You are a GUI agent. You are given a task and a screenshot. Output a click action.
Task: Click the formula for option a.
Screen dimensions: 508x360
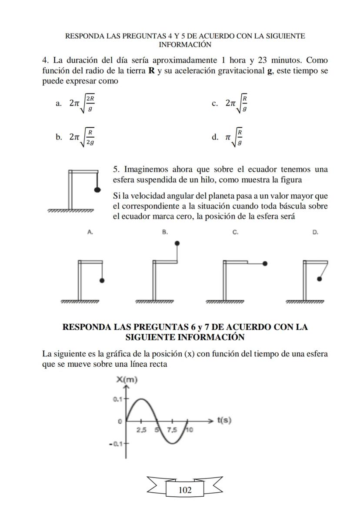pyautogui.click(x=82, y=103)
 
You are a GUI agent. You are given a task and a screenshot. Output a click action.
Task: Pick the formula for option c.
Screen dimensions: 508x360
pyautogui.click(x=237, y=103)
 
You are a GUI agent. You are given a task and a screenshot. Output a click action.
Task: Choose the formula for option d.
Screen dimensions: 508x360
pyautogui.click(x=234, y=137)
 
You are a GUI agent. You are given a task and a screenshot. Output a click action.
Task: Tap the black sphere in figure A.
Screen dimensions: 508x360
pyautogui.click(x=102, y=281)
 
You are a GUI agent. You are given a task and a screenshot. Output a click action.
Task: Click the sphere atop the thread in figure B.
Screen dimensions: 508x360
pyautogui.click(x=177, y=243)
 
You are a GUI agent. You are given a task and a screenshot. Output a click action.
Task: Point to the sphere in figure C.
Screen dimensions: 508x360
pyautogui.click(x=265, y=263)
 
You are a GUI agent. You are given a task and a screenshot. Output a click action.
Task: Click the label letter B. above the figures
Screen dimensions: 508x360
pyautogui.click(x=165, y=232)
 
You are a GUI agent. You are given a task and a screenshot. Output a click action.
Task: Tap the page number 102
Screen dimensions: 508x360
pyautogui.click(x=185, y=490)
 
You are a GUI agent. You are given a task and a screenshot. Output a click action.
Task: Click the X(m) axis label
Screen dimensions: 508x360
pyautogui.click(x=127, y=380)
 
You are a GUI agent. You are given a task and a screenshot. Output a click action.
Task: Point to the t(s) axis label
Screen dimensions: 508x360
pyautogui.click(x=224, y=420)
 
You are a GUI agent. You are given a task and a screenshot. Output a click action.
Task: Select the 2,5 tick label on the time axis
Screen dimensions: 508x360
pyautogui.click(x=141, y=430)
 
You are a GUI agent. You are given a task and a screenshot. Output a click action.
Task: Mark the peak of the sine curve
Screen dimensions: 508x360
pyautogui.click(x=140, y=398)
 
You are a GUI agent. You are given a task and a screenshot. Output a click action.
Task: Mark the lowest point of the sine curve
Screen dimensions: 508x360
pyautogui.click(x=172, y=444)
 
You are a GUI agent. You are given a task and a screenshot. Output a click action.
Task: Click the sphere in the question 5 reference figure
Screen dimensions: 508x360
pyautogui.click(x=98, y=189)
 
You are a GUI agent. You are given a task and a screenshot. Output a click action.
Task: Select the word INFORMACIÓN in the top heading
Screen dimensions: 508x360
pyautogui.click(x=185, y=44)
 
